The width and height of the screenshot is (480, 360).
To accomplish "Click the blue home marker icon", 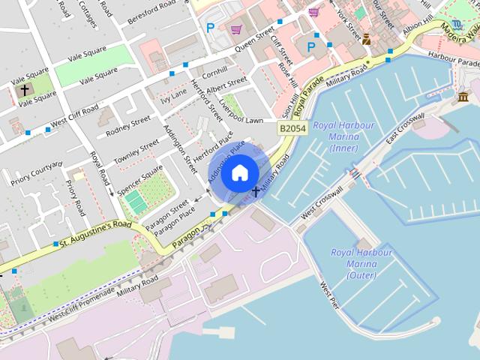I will point(238,172).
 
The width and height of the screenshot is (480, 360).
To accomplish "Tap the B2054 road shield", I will point(292,129).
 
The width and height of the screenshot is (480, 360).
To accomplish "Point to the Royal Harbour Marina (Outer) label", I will point(361,263).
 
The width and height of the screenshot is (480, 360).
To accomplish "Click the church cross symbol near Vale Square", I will point(25,91).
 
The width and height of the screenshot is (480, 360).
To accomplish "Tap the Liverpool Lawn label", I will point(244,120).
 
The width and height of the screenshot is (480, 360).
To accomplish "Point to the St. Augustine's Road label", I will point(95,235).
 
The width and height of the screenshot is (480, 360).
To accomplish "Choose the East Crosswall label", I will point(406,129).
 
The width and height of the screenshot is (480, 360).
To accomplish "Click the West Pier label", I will point(328,295).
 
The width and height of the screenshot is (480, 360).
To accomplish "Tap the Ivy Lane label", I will point(174,95).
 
